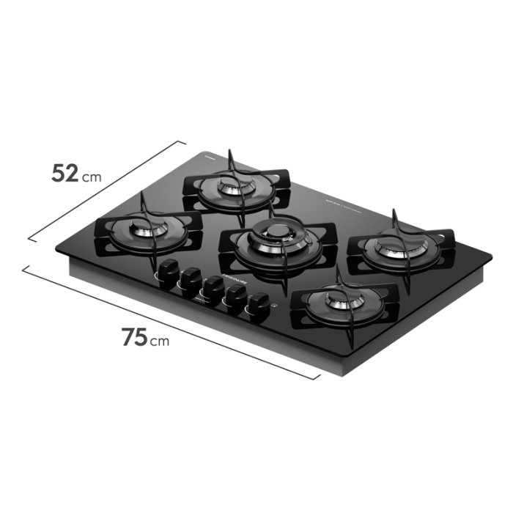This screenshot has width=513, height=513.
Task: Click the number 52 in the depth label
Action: click(x=64, y=173)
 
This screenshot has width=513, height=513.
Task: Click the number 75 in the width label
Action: click(x=134, y=337)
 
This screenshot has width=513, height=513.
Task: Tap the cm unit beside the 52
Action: click(x=92, y=177)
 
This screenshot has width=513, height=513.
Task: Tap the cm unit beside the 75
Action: click(x=160, y=341)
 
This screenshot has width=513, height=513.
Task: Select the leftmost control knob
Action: click(x=169, y=269)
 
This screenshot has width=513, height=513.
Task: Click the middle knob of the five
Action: click(x=213, y=287)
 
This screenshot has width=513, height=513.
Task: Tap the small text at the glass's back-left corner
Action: click(x=207, y=156)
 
